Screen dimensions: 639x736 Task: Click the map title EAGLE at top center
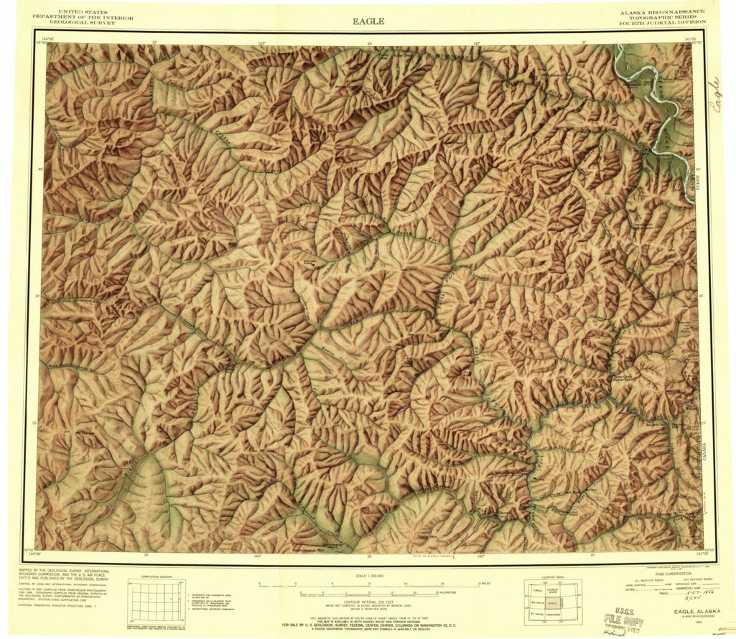point(368,21)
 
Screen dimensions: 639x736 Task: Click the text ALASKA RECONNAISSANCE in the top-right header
point(663,12)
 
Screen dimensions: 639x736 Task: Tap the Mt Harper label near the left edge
point(85,433)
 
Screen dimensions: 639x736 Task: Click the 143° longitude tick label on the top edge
point(261,44)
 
